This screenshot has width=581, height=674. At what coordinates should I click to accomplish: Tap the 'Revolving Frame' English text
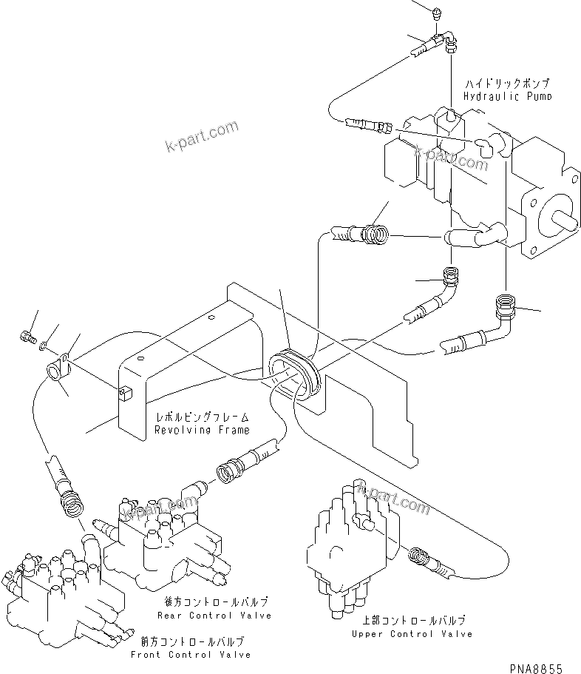202,429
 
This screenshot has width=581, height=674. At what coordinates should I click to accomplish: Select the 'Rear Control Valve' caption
214,615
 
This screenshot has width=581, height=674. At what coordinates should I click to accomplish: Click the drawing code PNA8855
541,667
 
